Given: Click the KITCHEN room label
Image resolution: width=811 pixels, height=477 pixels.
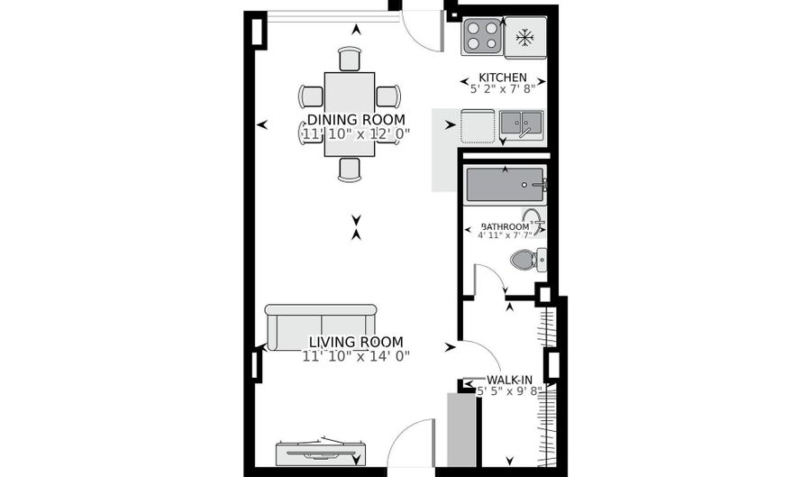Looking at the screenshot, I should tap(503, 77).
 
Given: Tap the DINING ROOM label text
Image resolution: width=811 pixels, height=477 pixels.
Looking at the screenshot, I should tap(356, 120).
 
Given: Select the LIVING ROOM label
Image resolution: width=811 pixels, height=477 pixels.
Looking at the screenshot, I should tap(356, 342).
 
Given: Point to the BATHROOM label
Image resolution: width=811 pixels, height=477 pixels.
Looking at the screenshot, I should tap(505, 226).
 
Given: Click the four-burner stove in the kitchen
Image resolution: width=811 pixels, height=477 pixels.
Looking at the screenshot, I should tap(481, 38).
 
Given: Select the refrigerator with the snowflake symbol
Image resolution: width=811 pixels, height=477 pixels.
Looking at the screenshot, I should tap(524, 38).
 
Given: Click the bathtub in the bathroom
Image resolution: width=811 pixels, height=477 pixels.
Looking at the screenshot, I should tap(506, 185).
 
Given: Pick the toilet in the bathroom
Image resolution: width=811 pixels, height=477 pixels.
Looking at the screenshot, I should tap(527, 261).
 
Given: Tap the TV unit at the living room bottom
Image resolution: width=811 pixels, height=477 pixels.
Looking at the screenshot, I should tap(322, 450).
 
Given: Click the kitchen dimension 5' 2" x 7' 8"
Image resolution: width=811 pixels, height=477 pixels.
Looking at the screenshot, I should tap(503, 88).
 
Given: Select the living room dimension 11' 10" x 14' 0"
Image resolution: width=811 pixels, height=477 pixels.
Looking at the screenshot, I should tap(356, 355).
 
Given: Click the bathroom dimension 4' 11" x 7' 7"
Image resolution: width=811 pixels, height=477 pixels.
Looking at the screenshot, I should tap(505, 236).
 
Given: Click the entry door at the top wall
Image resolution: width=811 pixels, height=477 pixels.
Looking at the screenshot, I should tap(421, 25).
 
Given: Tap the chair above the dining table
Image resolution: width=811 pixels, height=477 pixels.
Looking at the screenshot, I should tap(350, 59).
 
